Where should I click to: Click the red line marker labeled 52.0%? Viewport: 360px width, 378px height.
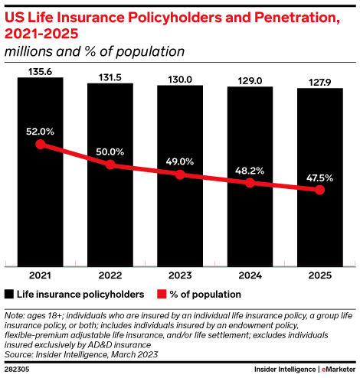click(x=41, y=145)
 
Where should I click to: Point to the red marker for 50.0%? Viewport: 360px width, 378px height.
click(x=110, y=165)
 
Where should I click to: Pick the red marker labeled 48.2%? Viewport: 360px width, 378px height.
click(x=250, y=183)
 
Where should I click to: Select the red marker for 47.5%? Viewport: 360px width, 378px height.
click(x=319, y=190)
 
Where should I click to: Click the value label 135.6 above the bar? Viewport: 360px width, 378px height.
click(x=40, y=72)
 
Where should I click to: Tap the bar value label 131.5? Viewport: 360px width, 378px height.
click(x=110, y=77)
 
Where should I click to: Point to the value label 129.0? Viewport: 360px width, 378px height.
click(x=250, y=81)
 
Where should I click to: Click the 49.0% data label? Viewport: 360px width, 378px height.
click(x=180, y=161)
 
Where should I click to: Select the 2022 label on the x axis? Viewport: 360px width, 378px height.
click(x=110, y=275)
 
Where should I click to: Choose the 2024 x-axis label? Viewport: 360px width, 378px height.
click(x=250, y=275)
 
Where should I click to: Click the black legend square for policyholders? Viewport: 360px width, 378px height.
click(x=9, y=294)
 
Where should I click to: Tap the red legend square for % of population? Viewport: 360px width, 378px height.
click(x=162, y=294)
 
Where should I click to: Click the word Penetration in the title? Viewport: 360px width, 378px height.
click(x=297, y=18)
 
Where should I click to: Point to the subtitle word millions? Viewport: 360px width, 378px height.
click(x=29, y=51)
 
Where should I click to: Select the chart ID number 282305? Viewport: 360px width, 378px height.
click(x=17, y=370)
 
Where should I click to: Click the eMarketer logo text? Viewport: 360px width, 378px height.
click(x=339, y=370)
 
